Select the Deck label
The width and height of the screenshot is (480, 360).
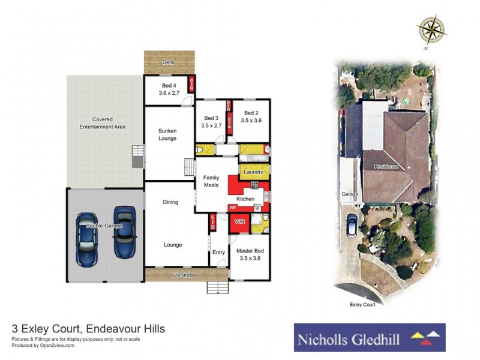click(x=169, y=62)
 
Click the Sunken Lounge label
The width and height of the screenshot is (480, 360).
click(x=167, y=134)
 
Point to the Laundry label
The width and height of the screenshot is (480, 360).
click(x=254, y=173)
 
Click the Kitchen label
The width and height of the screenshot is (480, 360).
click(x=245, y=199)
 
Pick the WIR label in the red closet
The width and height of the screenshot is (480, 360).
click(x=240, y=222)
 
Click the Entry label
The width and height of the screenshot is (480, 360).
click(x=218, y=252)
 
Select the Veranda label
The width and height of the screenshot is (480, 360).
click(x=184, y=275)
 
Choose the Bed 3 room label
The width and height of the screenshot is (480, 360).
click(x=212, y=122)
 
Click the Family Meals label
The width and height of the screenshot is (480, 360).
click(x=211, y=181)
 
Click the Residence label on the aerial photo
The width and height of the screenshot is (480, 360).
click(x=386, y=166)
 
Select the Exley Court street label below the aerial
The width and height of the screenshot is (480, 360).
click(x=362, y=305)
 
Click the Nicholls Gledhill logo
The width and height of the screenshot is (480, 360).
click(x=369, y=337)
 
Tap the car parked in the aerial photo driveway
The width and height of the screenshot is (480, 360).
click(x=352, y=224)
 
